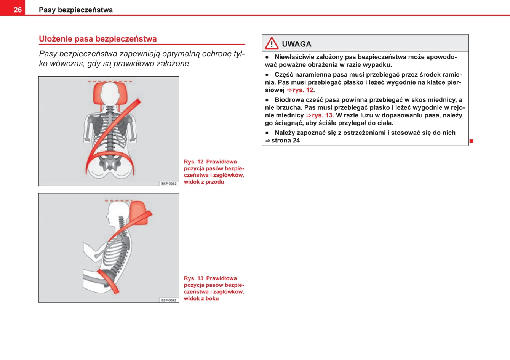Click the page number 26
pos(18,10)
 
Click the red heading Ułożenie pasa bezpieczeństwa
pos(98,39)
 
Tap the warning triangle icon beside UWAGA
pos(272,44)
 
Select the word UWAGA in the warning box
pos(296,44)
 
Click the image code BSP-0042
pos(169,184)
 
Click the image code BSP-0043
pos(169,300)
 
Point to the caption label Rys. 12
pos(193,162)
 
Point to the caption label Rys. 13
pos(193,278)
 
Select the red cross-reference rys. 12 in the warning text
pos(303,90)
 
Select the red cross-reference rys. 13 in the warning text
pos(322,115)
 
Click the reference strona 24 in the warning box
pos(286,141)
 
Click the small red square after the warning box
pos(471,141)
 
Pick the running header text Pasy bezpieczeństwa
pos(75,10)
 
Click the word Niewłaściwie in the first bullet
pos(295,57)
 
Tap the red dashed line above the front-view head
pos(110,81)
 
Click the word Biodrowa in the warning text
pos(288,100)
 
